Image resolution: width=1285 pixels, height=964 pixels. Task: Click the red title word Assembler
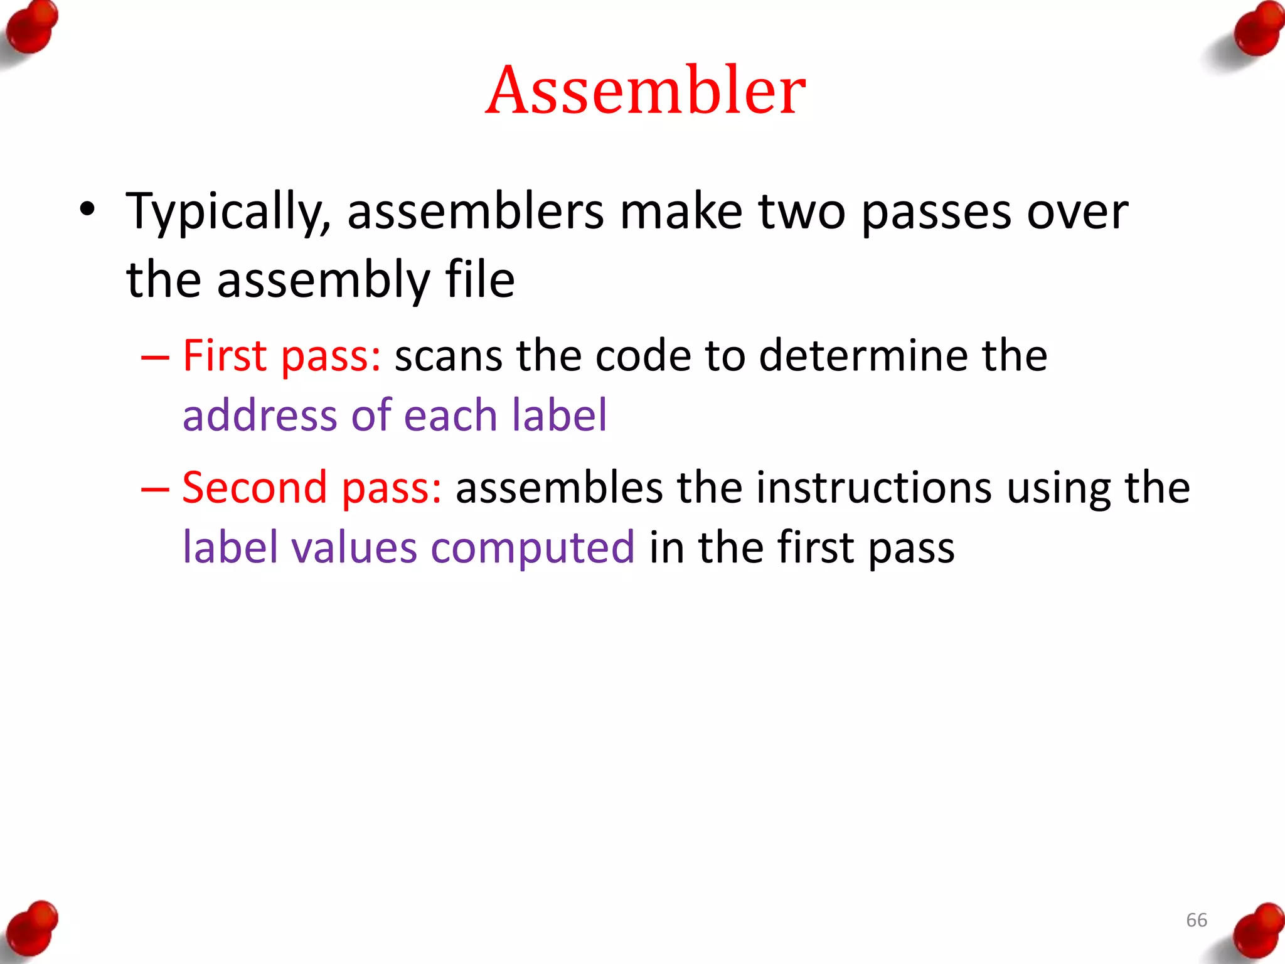coord(646,90)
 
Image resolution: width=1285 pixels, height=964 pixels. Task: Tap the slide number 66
coord(1196,920)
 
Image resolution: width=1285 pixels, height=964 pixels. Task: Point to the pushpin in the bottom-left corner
coord(33,929)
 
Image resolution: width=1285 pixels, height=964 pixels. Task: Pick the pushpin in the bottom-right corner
coord(1257,931)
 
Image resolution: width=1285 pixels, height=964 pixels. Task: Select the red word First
coord(224,356)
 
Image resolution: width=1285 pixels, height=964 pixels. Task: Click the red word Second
coord(255,488)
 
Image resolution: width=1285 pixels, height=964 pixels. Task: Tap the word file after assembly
coord(480,280)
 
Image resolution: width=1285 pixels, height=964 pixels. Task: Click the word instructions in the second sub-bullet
coord(873,488)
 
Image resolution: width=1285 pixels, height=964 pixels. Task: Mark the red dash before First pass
coord(155,358)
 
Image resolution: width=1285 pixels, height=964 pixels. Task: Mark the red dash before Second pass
coord(155,490)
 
